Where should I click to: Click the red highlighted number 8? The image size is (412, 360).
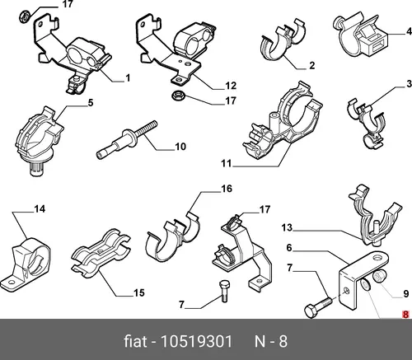click(x=405, y=315)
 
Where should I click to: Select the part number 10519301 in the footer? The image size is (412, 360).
click(x=196, y=342)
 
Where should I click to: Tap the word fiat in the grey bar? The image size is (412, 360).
click(x=135, y=342)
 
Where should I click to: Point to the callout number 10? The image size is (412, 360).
click(x=180, y=147)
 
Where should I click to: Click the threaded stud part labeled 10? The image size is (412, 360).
click(x=127, y=139)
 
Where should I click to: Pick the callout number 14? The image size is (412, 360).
click(x=40, y=209)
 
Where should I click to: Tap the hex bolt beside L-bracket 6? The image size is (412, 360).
click(x=319, y=308)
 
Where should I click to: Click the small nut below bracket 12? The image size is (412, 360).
click(x=178, y=96)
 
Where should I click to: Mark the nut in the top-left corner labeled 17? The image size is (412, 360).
click(x=25, y=16)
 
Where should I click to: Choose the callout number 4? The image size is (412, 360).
click(x=409, y=31)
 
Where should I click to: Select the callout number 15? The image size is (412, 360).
click(x=139, y=293)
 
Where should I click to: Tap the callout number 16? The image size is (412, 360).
click(x=227, y=189)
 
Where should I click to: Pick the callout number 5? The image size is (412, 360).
click(x=91, y=103)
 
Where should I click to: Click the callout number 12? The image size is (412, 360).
click(x=231, y=86)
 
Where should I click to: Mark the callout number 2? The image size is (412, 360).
click(x=311, y=65)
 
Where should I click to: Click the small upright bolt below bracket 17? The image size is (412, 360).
click(x=224, y=291)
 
